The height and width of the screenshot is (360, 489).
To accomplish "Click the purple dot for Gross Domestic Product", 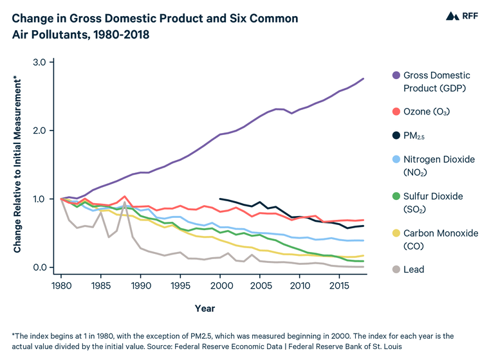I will (x=396, y=76).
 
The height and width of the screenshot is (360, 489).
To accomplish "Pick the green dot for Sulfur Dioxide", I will (x=396, y=196).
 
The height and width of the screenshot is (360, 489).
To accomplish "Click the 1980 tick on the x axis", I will (x=62, y=284).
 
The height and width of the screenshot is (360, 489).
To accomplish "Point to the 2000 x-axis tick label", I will (x=220, y=284).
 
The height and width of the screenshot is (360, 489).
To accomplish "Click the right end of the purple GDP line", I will (x=363, y=78).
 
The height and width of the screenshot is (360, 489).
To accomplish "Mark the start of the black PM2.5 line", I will (x=221, y=199).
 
